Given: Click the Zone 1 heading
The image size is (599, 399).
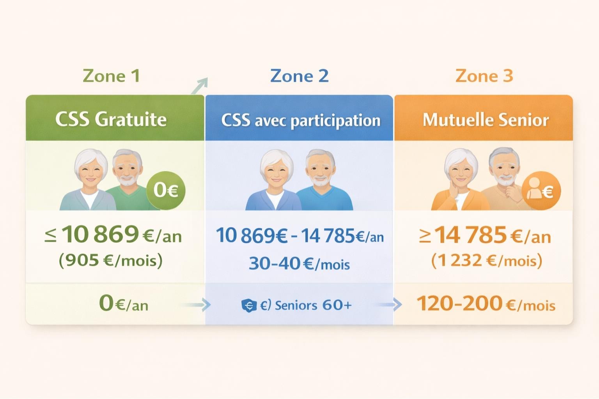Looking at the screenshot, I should pos(111,76).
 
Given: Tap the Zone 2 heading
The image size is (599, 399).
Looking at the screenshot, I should pos(299,76).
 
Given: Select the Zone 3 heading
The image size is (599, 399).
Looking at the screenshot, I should pos(484,76).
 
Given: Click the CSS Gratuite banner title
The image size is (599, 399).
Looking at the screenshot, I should pos(111,119).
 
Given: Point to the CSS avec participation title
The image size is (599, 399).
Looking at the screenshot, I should pos(301,120).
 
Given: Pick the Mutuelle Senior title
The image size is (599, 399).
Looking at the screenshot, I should pos(486,120).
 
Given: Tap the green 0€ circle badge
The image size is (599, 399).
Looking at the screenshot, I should pos(166,190).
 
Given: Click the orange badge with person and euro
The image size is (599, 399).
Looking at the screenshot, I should pos(541,191).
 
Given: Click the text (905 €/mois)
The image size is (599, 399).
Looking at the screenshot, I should pos(111,260).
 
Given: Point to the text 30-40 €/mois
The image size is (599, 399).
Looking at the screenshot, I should pos(299,264).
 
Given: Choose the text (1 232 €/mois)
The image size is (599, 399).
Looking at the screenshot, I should pos(487,260).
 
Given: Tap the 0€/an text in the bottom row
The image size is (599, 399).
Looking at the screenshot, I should pos(124,304).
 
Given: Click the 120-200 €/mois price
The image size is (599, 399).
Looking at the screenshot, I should pos(486,304).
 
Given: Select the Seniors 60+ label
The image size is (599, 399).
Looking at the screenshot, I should pos(313,305).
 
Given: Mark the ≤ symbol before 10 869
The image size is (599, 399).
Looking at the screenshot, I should pos(50,235).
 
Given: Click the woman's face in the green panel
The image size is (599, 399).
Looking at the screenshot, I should pos(90,171).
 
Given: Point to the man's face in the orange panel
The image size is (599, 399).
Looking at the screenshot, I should pos(505,169).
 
